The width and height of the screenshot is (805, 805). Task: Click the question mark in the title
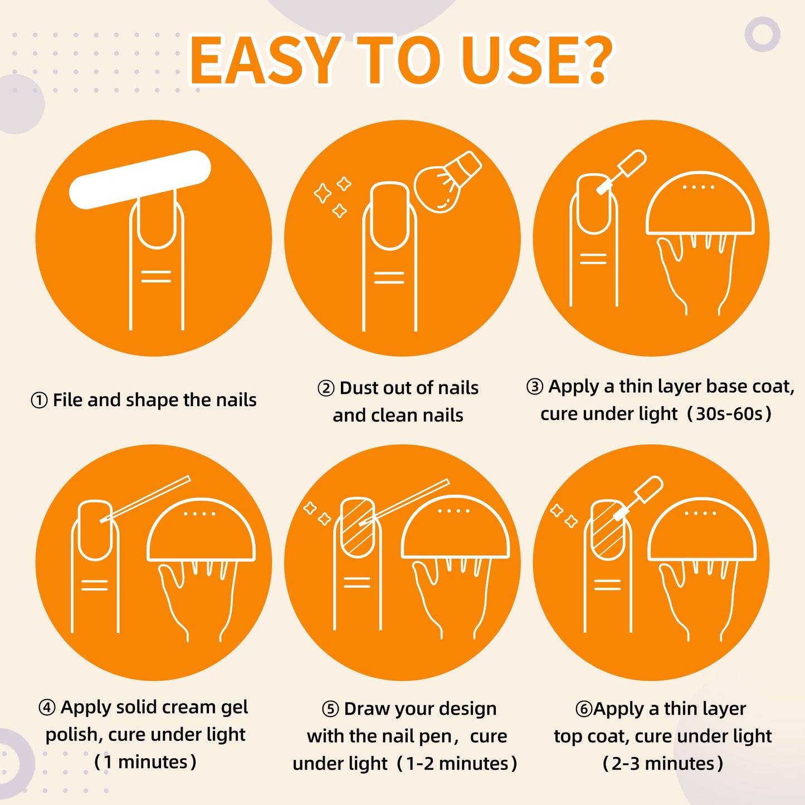tap(592, 61)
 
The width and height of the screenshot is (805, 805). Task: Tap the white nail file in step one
tap(140, 179)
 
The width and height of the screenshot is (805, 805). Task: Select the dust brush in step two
tap(447, 182)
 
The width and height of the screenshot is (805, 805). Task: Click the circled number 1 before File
tap(39, 401)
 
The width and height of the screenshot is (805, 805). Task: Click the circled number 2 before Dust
tap(326, 388)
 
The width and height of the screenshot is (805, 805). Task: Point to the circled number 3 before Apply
tap(535, 387)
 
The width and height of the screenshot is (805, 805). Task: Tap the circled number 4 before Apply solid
tap(47, 708)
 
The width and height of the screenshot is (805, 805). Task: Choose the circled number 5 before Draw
tap(330, 709)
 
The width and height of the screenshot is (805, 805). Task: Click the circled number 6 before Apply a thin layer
tap(584, 709)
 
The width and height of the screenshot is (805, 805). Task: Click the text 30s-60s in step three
tap(729, 414)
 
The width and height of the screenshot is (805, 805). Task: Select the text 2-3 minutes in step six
tap(663, 764)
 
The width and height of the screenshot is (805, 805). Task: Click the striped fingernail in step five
tap(357, 527)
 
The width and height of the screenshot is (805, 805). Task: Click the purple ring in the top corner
tap(763, 34)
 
